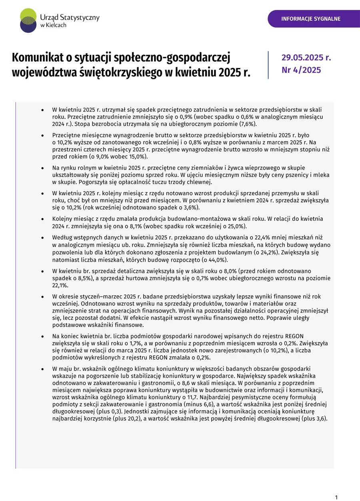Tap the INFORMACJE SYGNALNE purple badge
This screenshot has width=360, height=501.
[x=311, y=19]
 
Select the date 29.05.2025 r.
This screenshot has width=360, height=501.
[x=306, y=57]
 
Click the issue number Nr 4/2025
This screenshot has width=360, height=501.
[x=301, y=70]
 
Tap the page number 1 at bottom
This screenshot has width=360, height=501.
[x=336, y=497]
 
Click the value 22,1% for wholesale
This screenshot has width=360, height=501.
[x=60, y=285]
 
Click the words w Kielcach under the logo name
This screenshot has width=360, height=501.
[x=53, y=25]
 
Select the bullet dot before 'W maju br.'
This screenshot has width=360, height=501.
[x=42, y=369]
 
